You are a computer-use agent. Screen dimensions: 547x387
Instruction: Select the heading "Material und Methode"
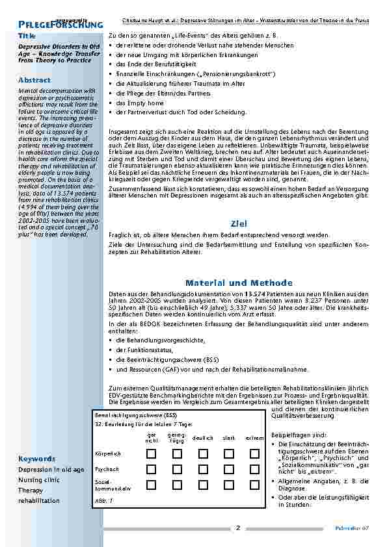239,283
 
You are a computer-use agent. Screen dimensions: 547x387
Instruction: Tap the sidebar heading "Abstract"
34,80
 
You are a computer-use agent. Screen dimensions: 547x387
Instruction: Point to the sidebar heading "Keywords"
37,458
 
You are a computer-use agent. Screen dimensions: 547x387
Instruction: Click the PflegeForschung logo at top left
60,24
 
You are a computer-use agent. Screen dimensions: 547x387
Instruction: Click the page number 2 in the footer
238,528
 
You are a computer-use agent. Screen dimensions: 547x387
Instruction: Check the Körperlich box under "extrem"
254,453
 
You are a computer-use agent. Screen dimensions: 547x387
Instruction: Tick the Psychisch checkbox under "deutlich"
202,468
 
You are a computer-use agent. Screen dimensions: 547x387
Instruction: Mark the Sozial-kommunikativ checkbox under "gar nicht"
151,485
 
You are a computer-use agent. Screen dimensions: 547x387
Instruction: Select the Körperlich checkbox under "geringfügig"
176,453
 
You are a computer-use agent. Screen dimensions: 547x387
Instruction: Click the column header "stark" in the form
228,439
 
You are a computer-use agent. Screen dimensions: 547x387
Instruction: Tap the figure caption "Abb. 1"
104,501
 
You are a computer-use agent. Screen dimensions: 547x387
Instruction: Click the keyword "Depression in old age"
51,469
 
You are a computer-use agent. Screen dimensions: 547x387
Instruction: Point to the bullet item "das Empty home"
139,103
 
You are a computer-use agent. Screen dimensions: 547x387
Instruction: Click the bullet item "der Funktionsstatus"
145,350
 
